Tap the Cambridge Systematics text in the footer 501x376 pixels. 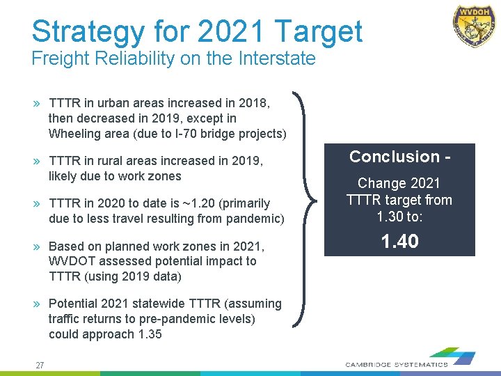pos(397,364)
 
